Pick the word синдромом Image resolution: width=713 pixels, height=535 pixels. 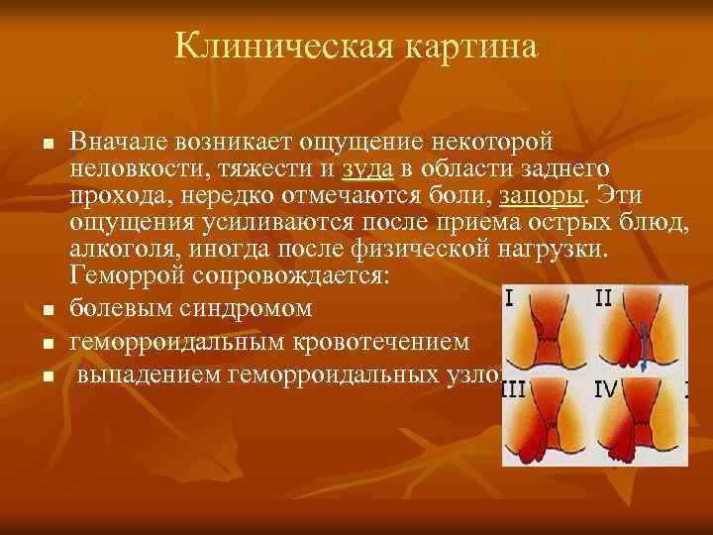(247, 309)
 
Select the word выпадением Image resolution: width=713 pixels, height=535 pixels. (149, 374)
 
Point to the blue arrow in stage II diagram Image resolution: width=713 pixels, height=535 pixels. (643, 352)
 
